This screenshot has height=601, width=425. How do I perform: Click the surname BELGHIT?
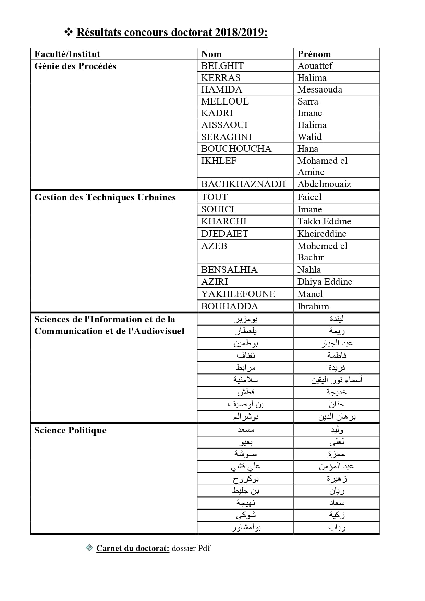click(x=222, y=66)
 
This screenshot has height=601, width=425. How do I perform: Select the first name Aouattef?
click(x=315, y=66)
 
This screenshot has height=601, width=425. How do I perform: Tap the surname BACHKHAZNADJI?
click(x=243, y=184)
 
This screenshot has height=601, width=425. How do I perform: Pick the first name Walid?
click(x=309, y=137)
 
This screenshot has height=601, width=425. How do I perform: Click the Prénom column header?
click(x=314, y=54)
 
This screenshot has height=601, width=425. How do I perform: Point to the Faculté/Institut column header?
click(x=67, y=54)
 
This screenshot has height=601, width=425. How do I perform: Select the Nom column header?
click(x=211, y=54)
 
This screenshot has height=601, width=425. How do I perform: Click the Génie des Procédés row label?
click(x=75, y=66)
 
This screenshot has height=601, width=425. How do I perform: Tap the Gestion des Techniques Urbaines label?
click(x=105, y=197)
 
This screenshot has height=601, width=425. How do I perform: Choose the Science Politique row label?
click(x=70, y=430)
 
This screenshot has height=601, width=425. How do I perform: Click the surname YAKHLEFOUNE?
click(x=238, y=294)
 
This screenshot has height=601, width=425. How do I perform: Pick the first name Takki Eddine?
click(x=324, y=221)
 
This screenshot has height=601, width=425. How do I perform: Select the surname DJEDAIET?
click(x=224, y=234)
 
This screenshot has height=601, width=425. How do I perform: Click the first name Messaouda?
click(x=320, y=89)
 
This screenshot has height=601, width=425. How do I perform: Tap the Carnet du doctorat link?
click(x=133, y=548)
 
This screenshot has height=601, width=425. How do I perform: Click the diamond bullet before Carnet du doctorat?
click(x=89, y=548)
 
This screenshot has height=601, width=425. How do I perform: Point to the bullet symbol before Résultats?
click(x=69, y=32)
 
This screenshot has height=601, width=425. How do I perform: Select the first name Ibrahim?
click(x=313, y=306)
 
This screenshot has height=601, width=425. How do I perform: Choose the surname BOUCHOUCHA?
click(x=236, y=149)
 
